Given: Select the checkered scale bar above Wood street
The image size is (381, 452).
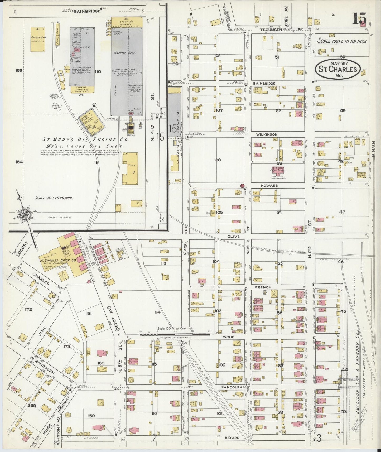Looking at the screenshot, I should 175,334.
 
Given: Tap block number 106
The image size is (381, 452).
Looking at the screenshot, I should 218,160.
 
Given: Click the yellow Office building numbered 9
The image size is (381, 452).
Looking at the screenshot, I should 130,168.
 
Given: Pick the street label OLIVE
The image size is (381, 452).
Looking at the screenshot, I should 233,237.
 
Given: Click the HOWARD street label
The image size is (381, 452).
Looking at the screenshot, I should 269,186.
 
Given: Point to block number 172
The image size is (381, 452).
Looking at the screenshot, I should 28,309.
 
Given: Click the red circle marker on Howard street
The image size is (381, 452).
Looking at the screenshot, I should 242,186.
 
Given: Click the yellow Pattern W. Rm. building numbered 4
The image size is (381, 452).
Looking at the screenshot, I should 37,39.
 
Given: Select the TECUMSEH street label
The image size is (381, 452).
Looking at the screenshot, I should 269,30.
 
